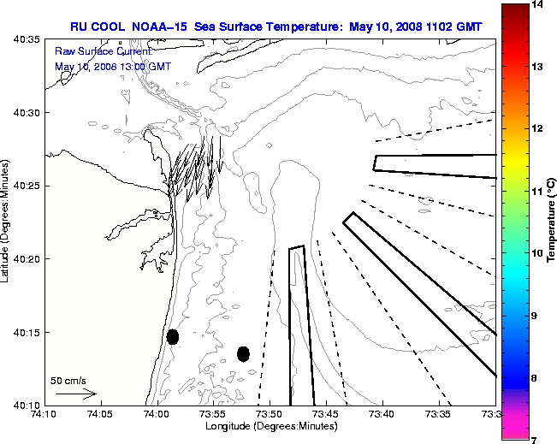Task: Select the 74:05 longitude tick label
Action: tap(99, 414)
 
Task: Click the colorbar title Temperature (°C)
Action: tap(552, 222)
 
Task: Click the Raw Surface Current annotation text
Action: tap(92, 51)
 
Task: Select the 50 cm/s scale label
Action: tap(68, 380)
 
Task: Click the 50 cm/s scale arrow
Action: tap(75, 394)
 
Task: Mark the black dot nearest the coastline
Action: tap(173, 336)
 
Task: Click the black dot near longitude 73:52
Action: tap(243, 353)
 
